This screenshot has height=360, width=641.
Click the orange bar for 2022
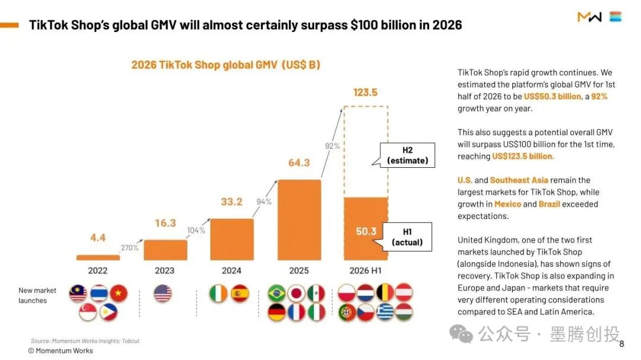(98, 257)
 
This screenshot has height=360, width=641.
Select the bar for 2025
(299, 220)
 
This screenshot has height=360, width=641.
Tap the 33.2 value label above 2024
(232, 202)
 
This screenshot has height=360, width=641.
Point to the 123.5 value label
(366, 93)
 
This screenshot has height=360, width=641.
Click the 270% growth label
(129, 248)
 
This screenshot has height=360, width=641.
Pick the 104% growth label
(196, 231)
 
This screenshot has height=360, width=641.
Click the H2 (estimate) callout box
(407, 155)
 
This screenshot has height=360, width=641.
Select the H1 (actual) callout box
(407, 237)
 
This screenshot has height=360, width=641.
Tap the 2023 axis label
(165, 270)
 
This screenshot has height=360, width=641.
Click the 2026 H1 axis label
(366, 270)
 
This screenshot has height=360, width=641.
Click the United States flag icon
(163, 294)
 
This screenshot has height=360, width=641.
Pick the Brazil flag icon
(277, 294)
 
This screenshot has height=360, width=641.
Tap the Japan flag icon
(296, 294)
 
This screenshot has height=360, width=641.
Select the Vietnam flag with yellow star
(119, 294)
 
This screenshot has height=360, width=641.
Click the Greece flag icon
(385, 312)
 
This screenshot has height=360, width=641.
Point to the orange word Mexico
(507, 204)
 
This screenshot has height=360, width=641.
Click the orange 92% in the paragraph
(599, 97)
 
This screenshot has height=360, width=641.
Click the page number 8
(622, 344)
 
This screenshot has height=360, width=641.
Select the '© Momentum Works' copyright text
(61, 351)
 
